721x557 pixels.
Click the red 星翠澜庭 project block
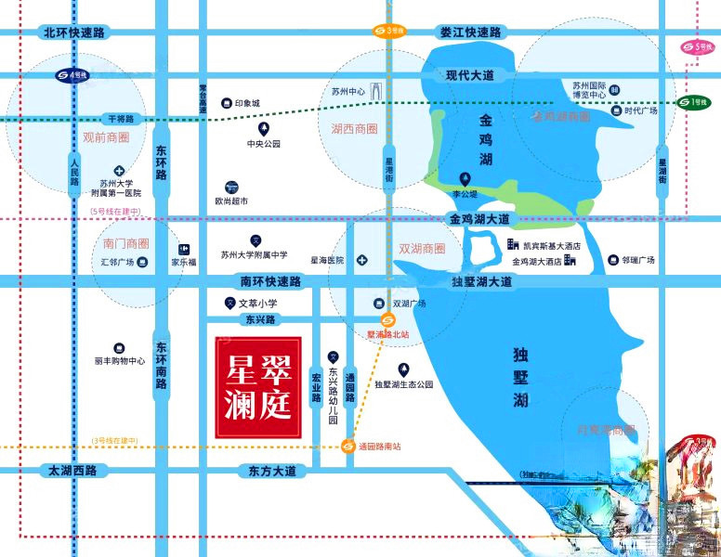coord(257,386)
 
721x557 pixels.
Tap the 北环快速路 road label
coord(75,32)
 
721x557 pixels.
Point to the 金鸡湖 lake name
coord(485,139)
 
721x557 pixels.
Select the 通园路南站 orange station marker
coord(347,446)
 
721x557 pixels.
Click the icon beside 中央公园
coord(264,128)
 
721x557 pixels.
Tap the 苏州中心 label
coord(350,92)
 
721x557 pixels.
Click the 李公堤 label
coord(465,194)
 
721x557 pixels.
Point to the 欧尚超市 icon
coord(231,186)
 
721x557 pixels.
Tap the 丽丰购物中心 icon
coord(119,348)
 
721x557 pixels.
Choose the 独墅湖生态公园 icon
coord(403,369)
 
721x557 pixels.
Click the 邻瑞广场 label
coord(638,261)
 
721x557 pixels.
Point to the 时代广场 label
coord(641,110)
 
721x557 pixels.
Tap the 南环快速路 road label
coord(270,281)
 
